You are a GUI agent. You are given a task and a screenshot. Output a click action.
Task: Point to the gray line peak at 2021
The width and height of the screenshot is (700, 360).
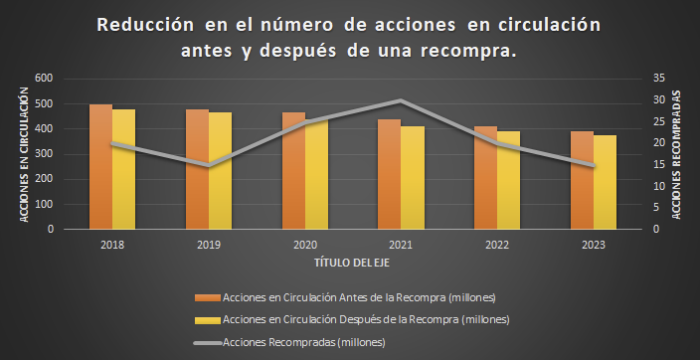pos(399,100)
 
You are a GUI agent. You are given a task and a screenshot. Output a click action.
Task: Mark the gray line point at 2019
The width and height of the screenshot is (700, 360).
pos(208,165)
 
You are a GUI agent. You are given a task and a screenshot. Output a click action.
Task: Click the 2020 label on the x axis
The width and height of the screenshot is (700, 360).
pos(303,243)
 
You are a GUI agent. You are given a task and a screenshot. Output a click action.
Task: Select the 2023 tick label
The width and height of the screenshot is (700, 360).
pos(593,243)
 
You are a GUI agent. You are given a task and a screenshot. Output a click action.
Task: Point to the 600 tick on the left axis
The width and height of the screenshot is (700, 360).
pos(45,79)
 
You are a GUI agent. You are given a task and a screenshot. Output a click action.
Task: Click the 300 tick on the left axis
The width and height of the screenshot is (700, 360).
pos(45,154)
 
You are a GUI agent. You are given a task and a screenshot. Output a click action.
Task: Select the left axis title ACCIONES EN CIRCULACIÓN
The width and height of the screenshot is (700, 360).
pos(24,153)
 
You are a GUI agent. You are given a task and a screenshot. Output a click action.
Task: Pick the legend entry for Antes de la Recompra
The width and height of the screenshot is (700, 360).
pos(358,297)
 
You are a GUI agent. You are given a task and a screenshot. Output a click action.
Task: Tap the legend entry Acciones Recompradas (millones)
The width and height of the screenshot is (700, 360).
pos(303,342)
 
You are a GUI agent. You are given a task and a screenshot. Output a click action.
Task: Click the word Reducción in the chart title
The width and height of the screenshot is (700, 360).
pos(145,24)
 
